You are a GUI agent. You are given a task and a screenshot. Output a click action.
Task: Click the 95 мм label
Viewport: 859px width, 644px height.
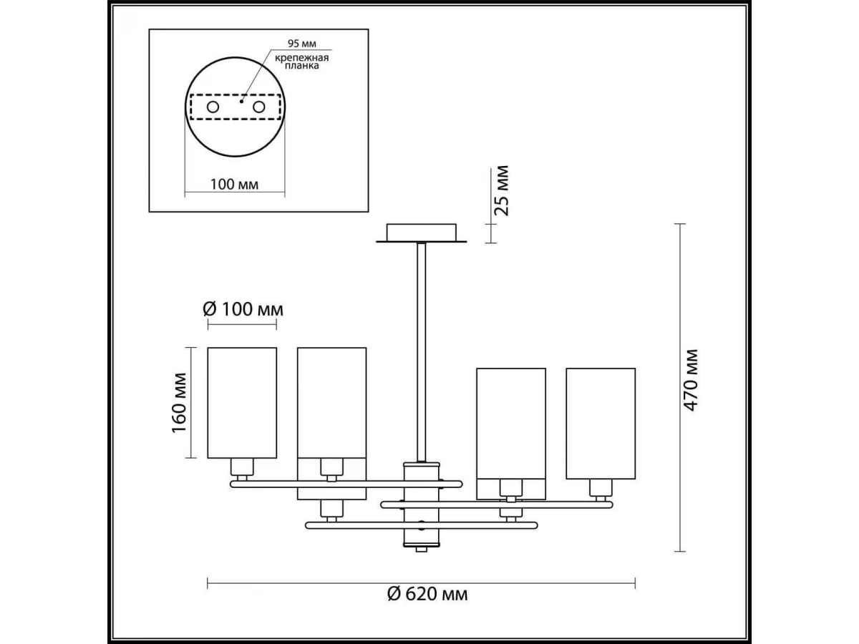302,43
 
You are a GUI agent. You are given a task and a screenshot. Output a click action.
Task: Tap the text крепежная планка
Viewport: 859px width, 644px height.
302,62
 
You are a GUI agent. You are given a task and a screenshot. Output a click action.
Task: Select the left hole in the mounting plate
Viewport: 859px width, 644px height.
213,107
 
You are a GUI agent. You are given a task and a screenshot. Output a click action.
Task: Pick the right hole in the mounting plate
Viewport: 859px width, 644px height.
259,107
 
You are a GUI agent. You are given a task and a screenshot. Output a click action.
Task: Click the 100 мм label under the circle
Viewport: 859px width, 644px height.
234,184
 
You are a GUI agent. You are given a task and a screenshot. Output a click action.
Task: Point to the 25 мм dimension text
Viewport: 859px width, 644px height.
502,190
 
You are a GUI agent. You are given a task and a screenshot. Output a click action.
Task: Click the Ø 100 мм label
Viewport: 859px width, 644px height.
243,309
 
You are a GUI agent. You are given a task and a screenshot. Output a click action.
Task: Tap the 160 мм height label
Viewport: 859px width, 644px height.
179,403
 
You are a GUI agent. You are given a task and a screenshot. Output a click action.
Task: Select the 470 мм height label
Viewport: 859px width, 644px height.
691,380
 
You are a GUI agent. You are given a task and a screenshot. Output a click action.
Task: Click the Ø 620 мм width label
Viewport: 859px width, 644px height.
427,594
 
